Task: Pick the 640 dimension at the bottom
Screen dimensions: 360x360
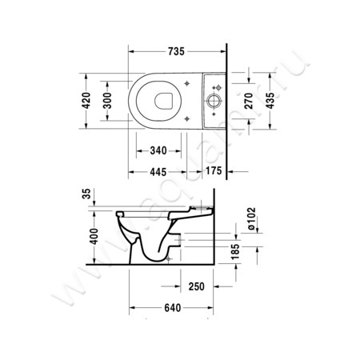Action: point(170,308)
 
